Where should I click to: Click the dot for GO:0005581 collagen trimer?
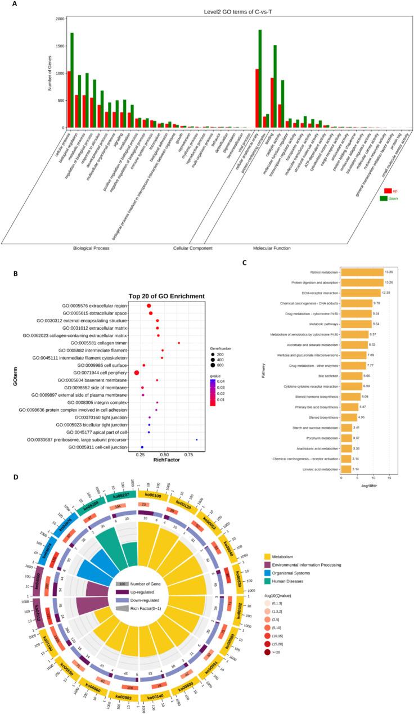(179, 343)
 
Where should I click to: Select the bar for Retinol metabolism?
(362, 271)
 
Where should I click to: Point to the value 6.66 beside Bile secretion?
(366, 374)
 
